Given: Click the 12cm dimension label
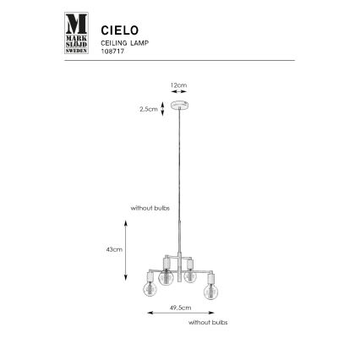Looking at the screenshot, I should coord(178,85).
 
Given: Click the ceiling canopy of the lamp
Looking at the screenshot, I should coord(179,106).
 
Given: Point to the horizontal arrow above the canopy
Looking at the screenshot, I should coord(178,94).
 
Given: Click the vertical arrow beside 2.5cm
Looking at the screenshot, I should coord(162,108).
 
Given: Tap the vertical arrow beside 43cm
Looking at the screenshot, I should coord(127,249).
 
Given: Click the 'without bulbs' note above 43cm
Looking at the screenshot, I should coord(145,207).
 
